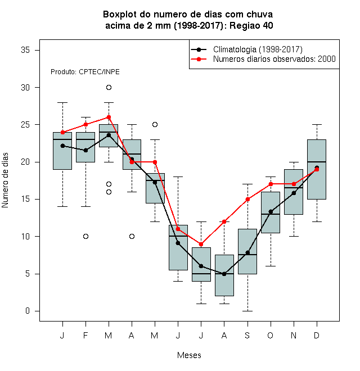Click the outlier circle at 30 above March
tap(109, 88)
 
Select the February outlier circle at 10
tap(85, 236)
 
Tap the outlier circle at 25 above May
tap(155, 124)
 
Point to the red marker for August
tap(224, 221)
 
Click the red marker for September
tap(247, 199)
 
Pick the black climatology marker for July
tap(201, 266)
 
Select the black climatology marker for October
tap(271, 212)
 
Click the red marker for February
tap(85, 124)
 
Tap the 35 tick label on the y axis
tap(25, 50)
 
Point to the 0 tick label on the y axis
tap(28, 311)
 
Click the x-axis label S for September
tap(247, 335)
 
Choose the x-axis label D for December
tap(317, 335)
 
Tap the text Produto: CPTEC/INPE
tap(85, 72)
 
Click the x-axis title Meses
tap(189, 355)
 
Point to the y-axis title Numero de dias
tap(5, 180)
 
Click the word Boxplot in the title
tap(120, 15)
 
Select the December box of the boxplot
tap(317, 169)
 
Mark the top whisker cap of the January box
tap(62, 103)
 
